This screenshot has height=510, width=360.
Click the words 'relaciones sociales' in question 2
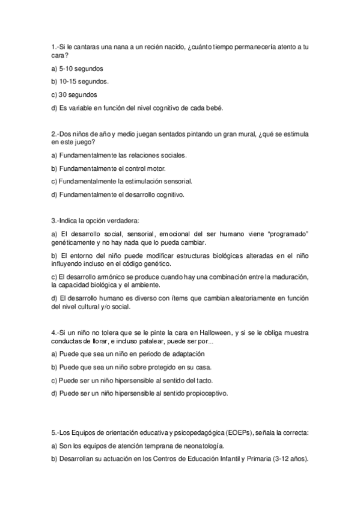pyautogui.click(x=157, y=155)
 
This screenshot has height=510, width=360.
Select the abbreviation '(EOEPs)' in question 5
pyautogui.click(x=240, y=433)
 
